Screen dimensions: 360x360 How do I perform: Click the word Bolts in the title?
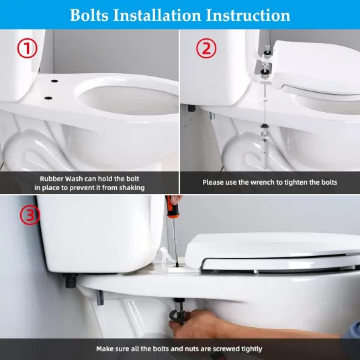(89, 15)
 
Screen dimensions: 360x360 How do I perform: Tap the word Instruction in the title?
(248, 15)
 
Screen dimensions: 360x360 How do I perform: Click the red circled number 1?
(27, 48)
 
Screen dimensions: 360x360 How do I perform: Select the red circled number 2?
(206, 48)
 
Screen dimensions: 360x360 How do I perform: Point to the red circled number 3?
(30, 215)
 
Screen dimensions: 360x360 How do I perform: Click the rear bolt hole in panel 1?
(54, 81)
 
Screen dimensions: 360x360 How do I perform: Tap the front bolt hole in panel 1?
(48, 98)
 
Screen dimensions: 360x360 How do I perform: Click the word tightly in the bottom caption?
(252, 349)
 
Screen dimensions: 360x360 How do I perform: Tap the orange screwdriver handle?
(171, 207)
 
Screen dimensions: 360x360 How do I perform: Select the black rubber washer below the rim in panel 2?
(264, 126)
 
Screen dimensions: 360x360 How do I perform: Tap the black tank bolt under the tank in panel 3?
(71, 281)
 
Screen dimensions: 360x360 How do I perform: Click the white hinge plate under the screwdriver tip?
(177, 269)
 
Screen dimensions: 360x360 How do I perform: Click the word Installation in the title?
(157, 15)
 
